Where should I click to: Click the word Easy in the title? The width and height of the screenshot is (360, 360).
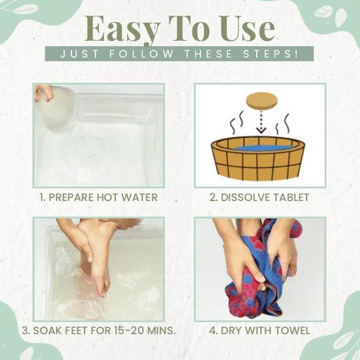click(122, 30)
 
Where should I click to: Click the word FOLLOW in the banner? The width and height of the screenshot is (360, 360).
click(141, 54)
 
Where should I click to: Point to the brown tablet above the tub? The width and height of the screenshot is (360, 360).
click(262, 100)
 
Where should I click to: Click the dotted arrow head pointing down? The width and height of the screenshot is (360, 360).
click(261, 131)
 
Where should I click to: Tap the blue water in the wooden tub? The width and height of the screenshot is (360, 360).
click(263, 148)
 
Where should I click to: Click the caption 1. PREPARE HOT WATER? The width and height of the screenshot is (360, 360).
click(99, 197)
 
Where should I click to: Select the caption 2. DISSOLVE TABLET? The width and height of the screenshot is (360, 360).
click(259, 197)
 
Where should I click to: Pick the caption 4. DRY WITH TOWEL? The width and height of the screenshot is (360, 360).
click(259, 331)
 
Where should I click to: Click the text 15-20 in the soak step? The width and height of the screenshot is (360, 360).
click(129, 331)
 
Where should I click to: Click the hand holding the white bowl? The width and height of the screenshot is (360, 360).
click(44, 92)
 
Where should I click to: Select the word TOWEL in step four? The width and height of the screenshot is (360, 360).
click(292, 331)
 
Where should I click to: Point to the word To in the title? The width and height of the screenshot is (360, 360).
click(189, 29)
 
